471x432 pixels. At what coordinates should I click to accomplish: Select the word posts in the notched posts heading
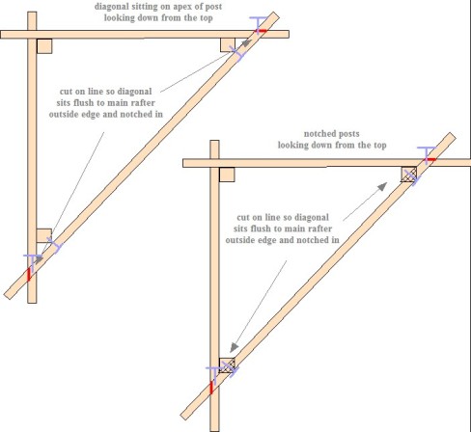[x=348, y=134]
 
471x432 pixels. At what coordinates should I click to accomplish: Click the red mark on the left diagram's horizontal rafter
[x=262, y=31]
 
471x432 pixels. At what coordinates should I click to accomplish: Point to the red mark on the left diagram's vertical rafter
[x=29, y=274]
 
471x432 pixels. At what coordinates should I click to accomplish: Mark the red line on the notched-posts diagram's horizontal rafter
[x=430, y=159]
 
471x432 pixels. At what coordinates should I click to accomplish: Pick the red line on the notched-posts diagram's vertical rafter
[x=211, y=388]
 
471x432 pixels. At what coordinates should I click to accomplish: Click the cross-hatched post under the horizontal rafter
[x=408, y=175]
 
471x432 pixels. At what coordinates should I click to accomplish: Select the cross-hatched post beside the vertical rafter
[x=227, y=365]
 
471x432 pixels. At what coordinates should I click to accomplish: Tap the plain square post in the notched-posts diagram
[x=227, y=175]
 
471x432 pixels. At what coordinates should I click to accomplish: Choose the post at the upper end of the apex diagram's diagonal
[x=228, y=44]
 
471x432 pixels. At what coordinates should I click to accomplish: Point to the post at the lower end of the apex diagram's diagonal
[x=44, y=236]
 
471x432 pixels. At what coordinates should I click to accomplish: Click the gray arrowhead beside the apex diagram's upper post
[x=246, y=43]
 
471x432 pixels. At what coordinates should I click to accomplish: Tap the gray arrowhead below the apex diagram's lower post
[x=39, y=259]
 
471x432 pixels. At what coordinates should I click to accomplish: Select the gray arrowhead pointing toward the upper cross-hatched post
[x=382, y=186]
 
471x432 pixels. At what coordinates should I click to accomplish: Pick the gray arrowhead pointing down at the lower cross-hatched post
[x=235, y=347]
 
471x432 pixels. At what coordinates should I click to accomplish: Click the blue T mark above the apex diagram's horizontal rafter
[x=259, y=24]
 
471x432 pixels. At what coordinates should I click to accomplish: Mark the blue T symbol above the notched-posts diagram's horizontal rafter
[x=427, y=155]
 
